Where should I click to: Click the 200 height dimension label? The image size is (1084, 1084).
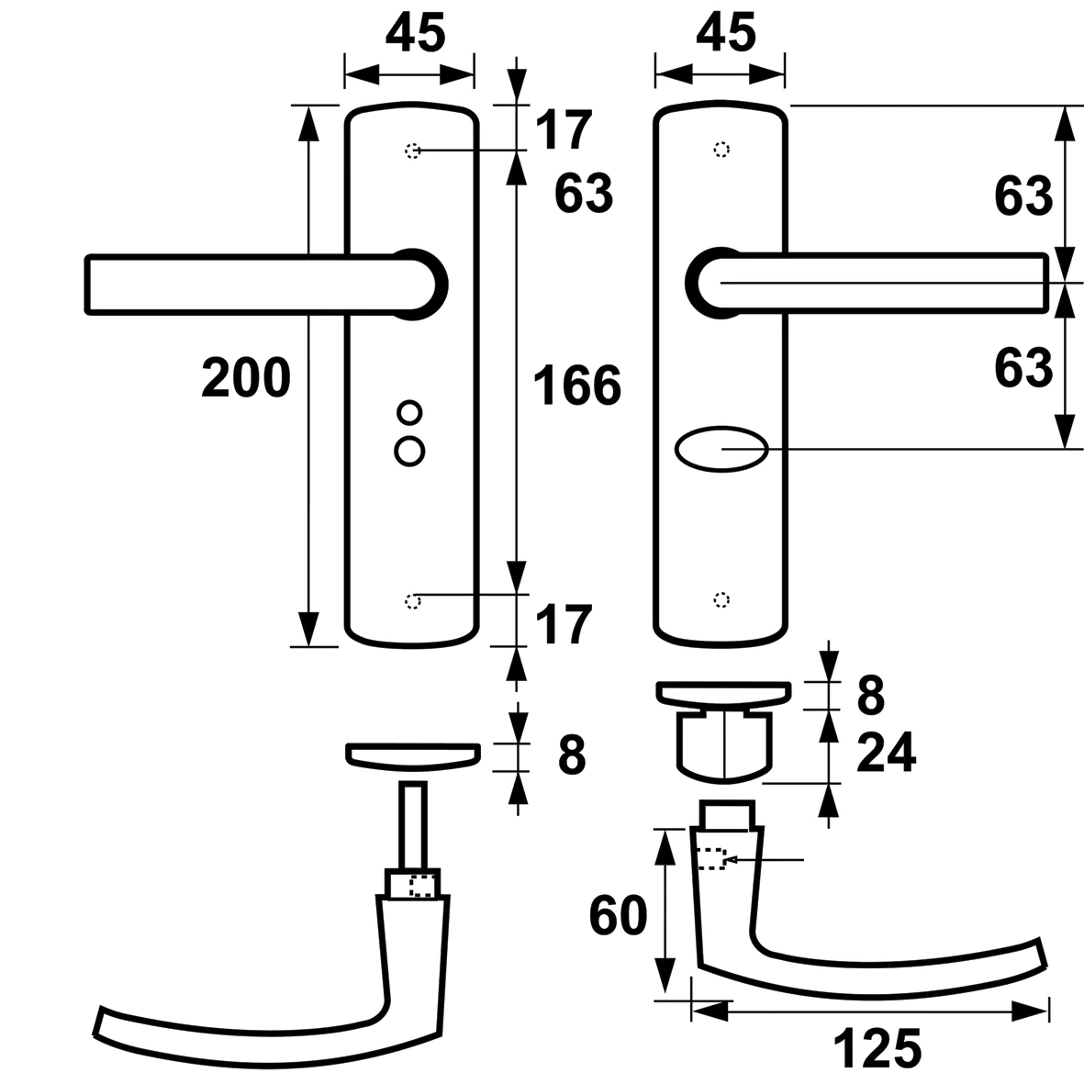pyautogui.click(x=245, y=378)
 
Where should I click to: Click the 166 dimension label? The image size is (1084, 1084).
pyautogui.click(x=577, y=385)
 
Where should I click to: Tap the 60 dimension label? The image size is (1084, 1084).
pyautogui.click(x=618, y=915)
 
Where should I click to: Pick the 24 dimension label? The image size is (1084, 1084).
pyautogui.click(x=886, y=754)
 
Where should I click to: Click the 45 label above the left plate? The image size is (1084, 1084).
pyautogui.click(x=415, y=34)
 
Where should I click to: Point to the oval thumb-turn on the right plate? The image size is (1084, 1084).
pyautogui.click(x=721, y=450)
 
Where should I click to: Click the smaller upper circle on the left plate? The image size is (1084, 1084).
pyautogui.click(x=409, y=412)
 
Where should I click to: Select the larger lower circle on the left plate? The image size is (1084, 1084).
pyautogui.click(x=409, y=450)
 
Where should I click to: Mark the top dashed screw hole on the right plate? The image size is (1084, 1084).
pyautogui.click(x=722, y=150)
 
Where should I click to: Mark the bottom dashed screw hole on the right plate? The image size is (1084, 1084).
pyautogui.click(x=722, y=599)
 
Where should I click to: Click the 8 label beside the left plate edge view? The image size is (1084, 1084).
pyautogui.click(x=571, y=755)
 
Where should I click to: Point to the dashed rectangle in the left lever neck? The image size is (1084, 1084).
pyautogui.click(x=421, y=886)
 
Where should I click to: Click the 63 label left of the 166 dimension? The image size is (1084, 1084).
pyautogui.click(x=584, y=194)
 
